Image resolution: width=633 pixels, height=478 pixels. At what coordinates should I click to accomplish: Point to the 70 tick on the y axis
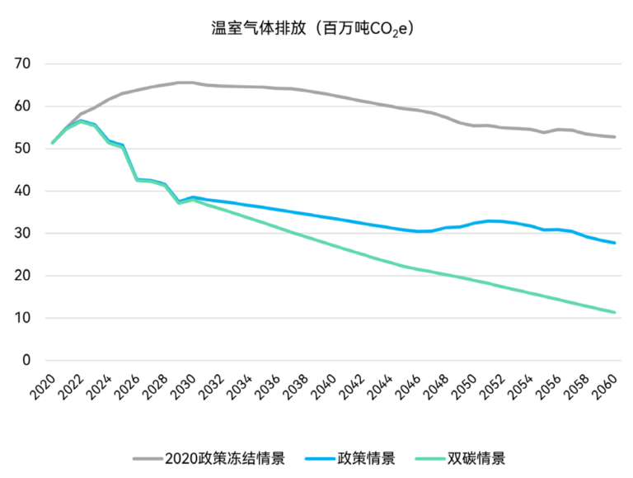[x=22, y=64]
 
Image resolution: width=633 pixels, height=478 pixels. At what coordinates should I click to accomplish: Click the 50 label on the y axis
[x=22, y=149]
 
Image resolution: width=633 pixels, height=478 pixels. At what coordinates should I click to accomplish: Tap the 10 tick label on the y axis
[x=22, y=318]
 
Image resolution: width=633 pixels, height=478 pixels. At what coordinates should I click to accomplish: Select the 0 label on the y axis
[x=26, y=360]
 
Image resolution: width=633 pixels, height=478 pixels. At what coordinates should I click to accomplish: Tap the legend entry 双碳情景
[x=476, y=458]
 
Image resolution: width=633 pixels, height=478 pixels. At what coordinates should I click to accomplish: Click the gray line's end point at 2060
[x=615, y=137]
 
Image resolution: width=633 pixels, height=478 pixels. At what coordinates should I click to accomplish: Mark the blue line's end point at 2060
[x=615, y=243]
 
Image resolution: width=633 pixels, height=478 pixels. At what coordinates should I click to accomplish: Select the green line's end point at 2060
[x=615, y=312]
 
